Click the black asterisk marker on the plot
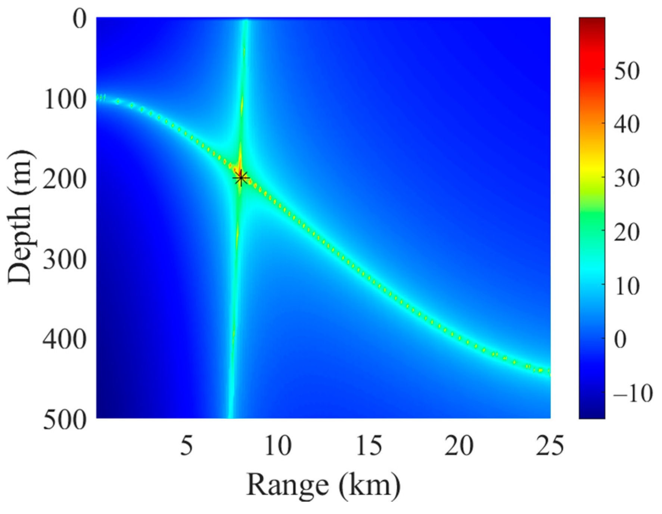[x=241, y=178]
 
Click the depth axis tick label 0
[x=80, y=19]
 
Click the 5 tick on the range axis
[x=187, y=446]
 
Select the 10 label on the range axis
[x=278, y=446]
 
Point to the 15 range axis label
[x=369, y=446]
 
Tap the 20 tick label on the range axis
[x=459, y=446]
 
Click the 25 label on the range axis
[x=550, y=446]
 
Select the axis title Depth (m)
[x=20, y=217]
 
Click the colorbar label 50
[x=627, y=71]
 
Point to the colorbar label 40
[x=627, y=124]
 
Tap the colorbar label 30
[x=627, y=178]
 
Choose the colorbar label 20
[x=627, y=232]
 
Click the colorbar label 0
[x=621, y=340]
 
